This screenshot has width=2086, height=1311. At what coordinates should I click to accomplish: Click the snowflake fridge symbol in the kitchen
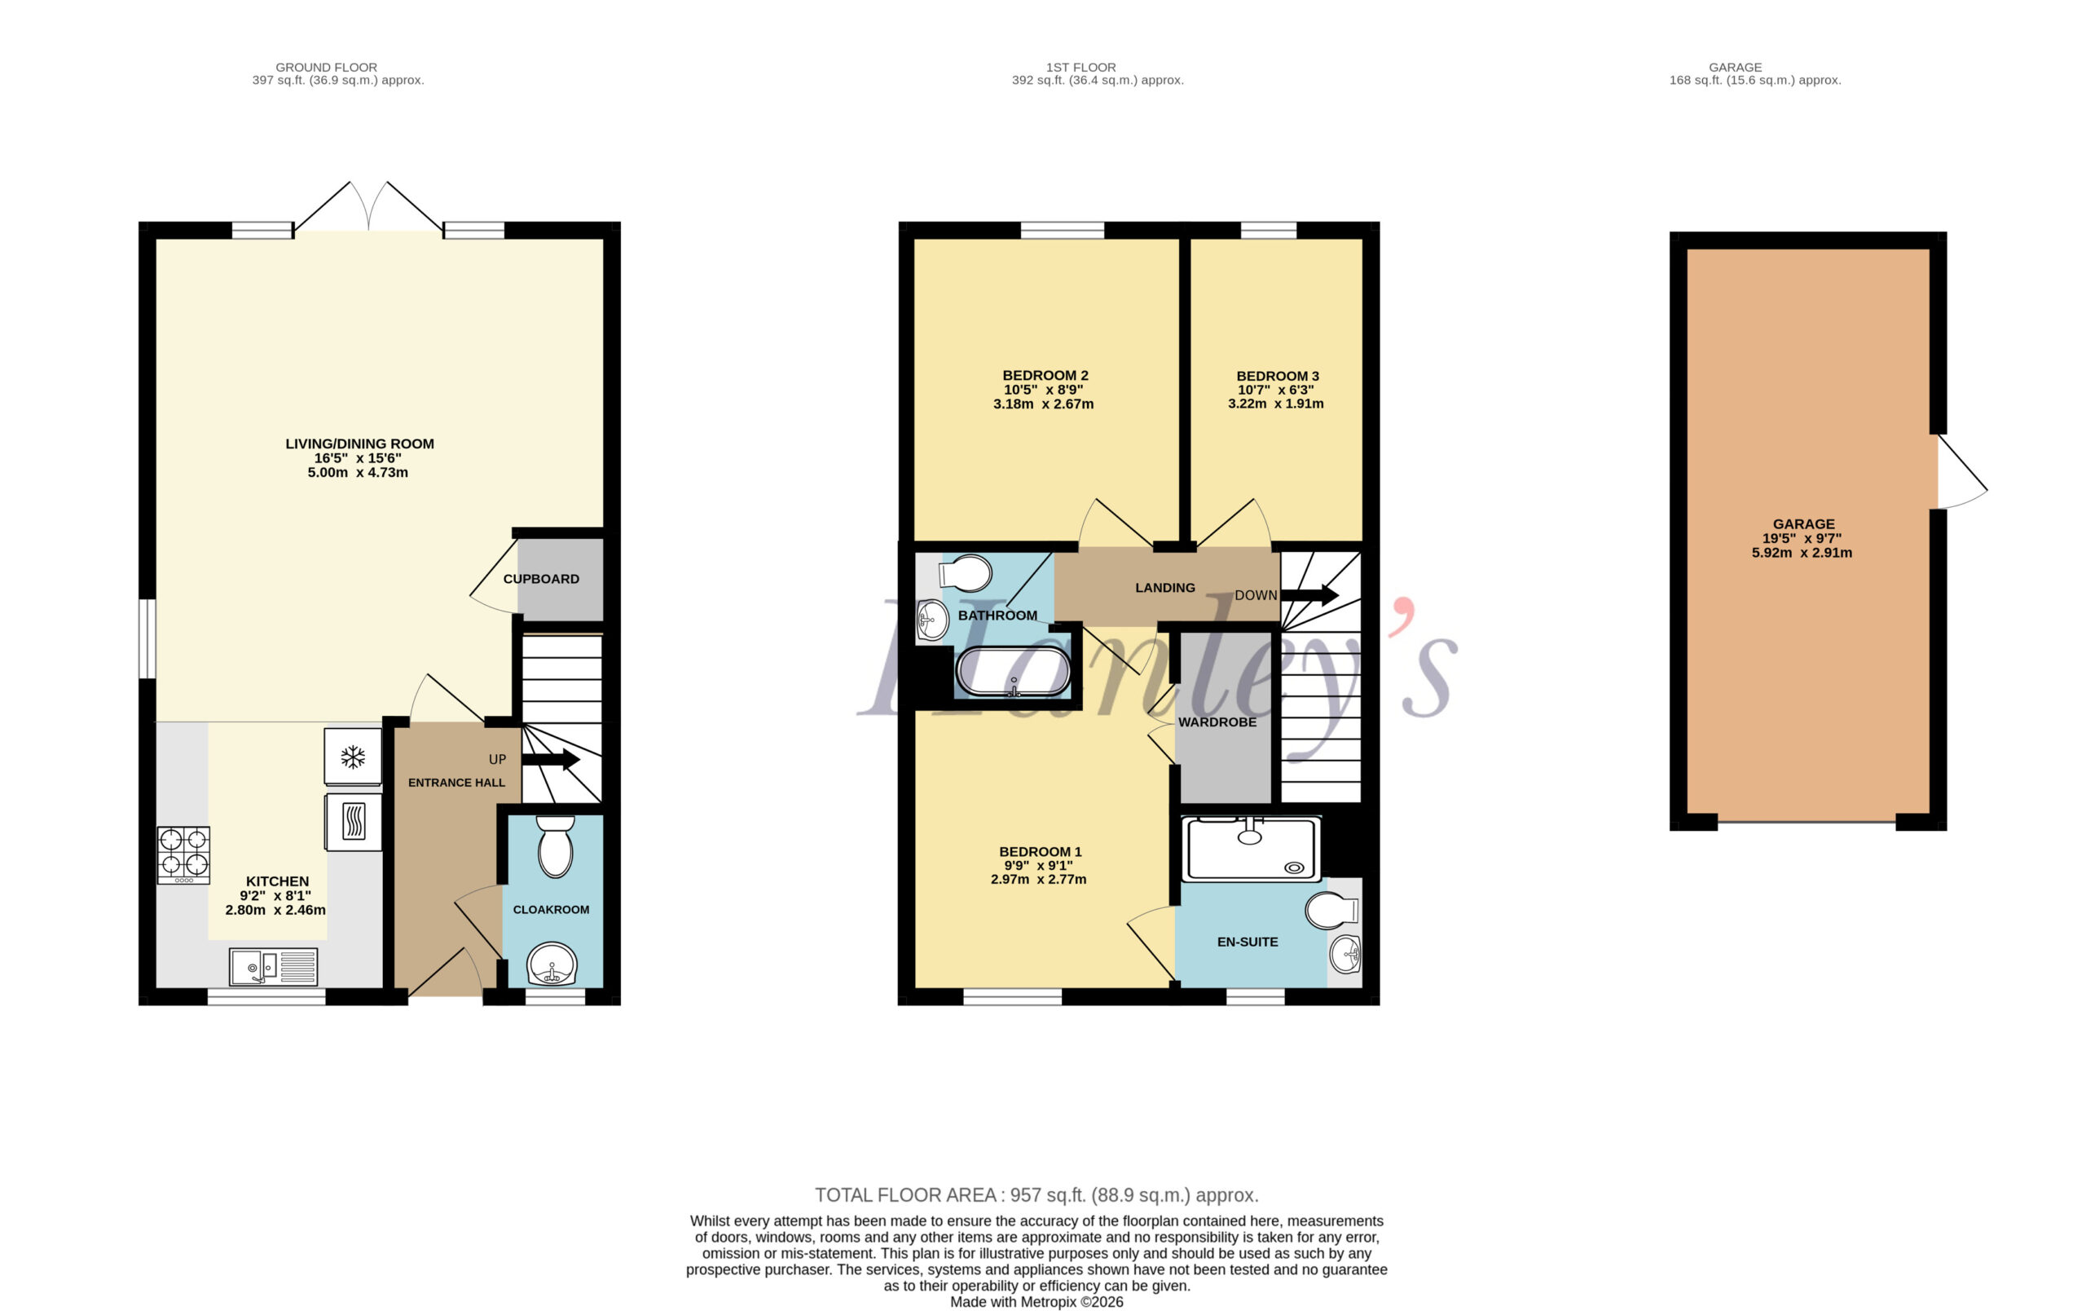click(x=353, y=757)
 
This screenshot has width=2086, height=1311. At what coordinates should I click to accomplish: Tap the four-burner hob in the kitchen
click(x=183, y=854)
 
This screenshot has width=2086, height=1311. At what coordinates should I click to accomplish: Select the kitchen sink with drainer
click(x=274, y=967)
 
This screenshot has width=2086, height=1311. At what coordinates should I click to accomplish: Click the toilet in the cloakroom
click(x=555, y=845)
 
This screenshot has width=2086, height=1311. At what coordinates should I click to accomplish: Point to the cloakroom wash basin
click(x=552, y=964)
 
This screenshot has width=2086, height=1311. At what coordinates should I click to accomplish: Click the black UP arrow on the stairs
click(x=550, y=760)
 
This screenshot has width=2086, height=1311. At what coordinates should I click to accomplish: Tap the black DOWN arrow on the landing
click(x=1309, y=595)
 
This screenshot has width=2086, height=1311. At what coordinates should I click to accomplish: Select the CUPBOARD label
click(x=541, y=579)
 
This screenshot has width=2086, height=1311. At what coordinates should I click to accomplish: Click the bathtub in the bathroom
click(x=1013, y=673)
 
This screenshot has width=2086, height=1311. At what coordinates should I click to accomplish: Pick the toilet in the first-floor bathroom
click(x=965, y=573)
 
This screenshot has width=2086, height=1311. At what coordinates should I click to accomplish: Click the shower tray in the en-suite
click(x=1251, y=848)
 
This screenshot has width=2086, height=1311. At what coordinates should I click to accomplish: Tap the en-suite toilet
click(x=1331, y=911)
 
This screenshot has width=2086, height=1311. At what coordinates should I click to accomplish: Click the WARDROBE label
click(x=1217, y=722)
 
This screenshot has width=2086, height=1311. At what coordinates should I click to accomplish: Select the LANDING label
click(x=1165, y=588)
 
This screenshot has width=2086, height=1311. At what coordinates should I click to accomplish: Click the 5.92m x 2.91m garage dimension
click(x=1802, y=553)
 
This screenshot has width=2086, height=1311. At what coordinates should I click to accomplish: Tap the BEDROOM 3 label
click(x=1278, y=376)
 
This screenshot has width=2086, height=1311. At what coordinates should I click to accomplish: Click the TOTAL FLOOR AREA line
click(x=1036, y=1195)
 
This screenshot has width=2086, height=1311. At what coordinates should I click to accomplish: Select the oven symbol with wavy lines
click(x=354, y=822)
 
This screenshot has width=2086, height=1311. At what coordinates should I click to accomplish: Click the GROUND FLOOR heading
click(x=327, y=67)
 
